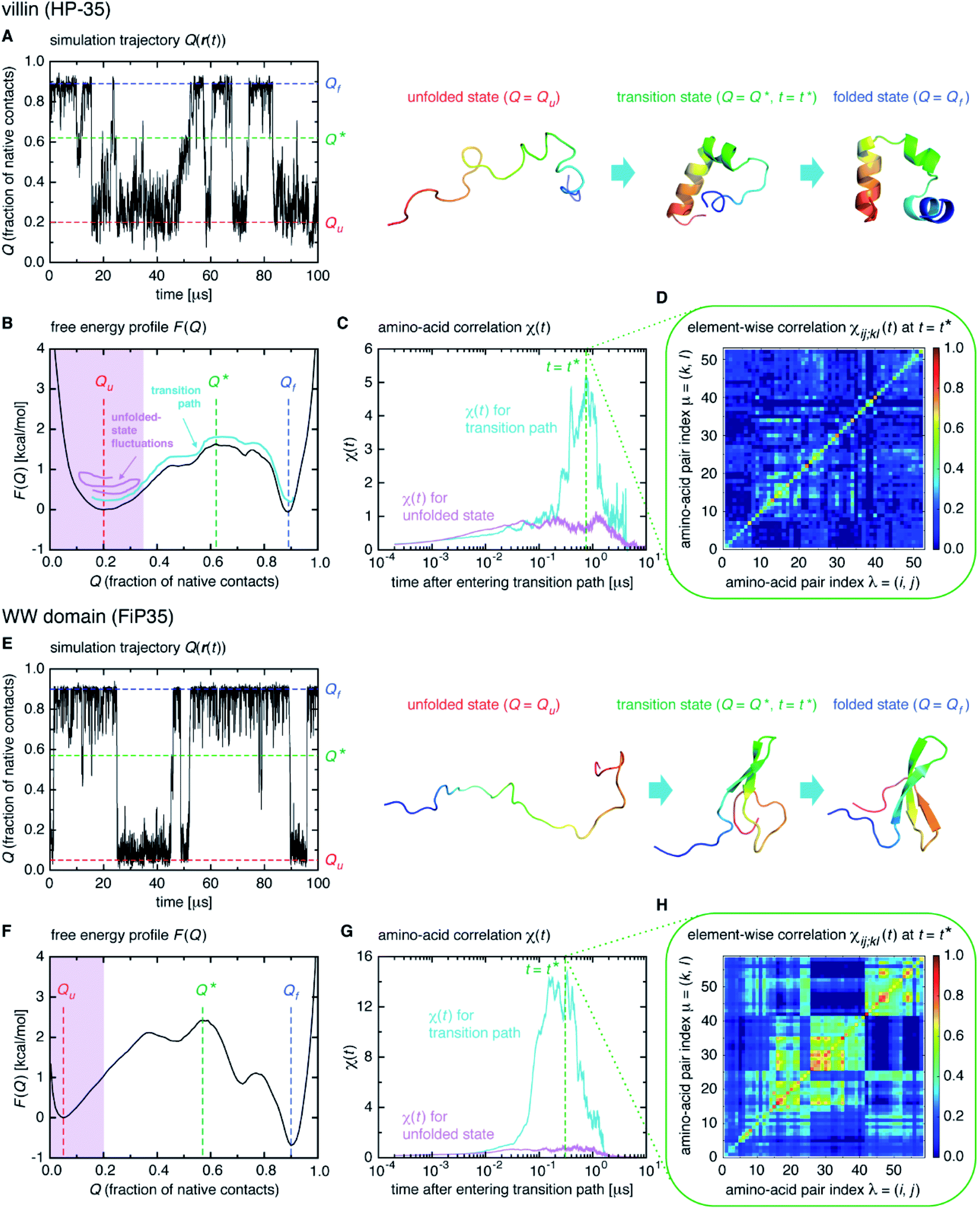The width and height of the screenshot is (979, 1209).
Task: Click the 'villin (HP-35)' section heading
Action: tap(56, 9)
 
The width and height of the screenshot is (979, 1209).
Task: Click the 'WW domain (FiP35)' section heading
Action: tap(87, 616)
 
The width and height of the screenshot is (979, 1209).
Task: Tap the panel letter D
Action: tap(662, 297)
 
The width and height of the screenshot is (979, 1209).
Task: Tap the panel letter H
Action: tap(662, 905)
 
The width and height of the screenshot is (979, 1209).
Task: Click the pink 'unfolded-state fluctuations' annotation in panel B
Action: tap(141, 430)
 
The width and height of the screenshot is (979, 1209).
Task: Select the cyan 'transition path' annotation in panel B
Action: tap(176, 396)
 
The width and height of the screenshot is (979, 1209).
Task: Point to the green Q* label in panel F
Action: tap(206, 989)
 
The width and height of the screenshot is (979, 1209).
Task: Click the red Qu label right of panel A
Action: tap(334, 224)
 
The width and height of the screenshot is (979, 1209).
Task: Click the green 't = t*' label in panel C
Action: tap(562, 366)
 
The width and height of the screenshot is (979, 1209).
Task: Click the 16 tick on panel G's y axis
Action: tap(364, 956)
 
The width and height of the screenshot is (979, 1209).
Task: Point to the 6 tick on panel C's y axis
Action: tap(368, 349)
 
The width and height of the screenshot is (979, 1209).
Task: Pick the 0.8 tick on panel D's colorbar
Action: tap(953, 387)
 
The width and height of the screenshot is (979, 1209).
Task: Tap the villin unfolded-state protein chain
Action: tap(485, 175)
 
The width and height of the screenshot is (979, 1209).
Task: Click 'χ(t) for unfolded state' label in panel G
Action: tap(448, 1126)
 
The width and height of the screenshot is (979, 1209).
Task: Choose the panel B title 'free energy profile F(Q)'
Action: tap(128, 327)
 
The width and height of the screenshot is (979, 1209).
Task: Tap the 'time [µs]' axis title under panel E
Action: tap(184, 902)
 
